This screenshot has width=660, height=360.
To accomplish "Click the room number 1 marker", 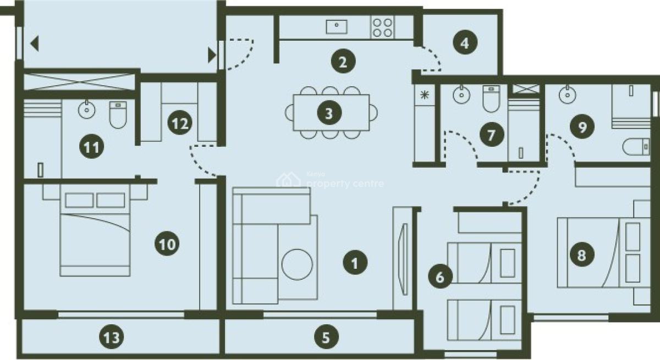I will coord(355,263).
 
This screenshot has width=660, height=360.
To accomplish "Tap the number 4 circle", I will coord(465,43).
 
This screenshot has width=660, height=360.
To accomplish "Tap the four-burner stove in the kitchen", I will coord(382,27).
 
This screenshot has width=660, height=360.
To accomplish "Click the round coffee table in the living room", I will coord(297,265).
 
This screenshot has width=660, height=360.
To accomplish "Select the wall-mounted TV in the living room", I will coord(403,259).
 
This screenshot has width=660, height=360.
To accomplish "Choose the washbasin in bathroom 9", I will coord(565,95).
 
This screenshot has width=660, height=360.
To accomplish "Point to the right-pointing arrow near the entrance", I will coord(211,55).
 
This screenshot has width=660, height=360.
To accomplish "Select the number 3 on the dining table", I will coord(329,114).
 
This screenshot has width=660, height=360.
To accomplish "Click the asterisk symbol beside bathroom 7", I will coord(424,94).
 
